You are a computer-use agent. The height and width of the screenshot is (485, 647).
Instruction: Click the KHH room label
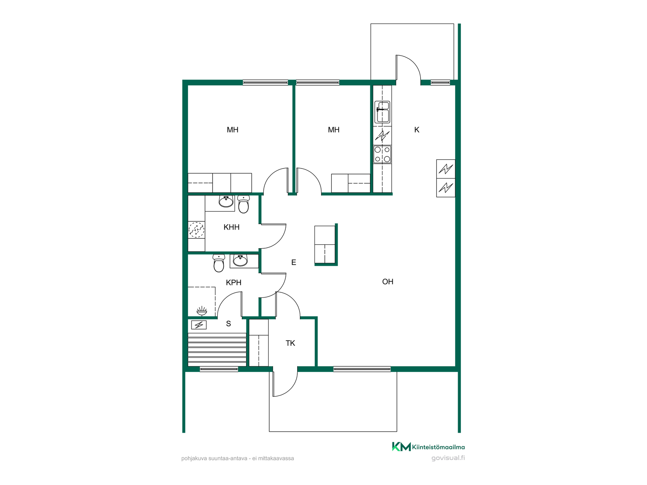point(232,227)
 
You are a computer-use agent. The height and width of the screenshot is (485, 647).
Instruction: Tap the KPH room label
point(234,283)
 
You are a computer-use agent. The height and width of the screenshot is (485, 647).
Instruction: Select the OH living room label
point(388,282)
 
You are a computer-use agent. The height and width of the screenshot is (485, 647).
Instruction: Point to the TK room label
point(290,343)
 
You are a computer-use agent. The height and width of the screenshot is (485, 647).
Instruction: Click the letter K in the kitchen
point(417,130)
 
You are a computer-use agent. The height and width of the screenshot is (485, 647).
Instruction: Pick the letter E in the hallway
point(294,262)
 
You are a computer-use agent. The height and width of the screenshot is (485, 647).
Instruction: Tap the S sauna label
point(228,324)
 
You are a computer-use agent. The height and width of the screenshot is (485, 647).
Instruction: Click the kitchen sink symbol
point(382,112)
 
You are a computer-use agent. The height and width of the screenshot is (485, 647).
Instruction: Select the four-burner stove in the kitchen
point(382,154)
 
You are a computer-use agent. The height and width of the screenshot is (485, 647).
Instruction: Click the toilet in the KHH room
point(243,204)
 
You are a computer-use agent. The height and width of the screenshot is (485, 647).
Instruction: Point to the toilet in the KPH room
point(219,263)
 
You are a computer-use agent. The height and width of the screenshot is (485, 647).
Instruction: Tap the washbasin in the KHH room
point(226,201)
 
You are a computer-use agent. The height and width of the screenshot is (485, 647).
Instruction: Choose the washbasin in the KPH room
point(240,260)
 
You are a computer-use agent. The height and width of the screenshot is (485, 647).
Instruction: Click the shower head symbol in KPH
point(202,311)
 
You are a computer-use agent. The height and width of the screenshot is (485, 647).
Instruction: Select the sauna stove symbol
point(199,325)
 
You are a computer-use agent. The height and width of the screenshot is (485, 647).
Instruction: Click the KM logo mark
point(401,447)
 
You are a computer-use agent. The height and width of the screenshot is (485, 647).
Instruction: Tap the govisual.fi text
point(448,458)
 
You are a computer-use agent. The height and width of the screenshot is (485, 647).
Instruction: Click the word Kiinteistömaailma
point(438,447)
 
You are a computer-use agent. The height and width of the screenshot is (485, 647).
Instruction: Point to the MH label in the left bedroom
point(233,130)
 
